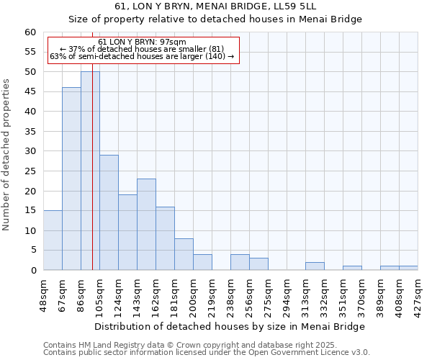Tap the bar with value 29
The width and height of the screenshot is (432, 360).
point(109,212)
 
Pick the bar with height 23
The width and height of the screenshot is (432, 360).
point(146,224)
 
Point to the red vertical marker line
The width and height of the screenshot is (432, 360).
point(93,180)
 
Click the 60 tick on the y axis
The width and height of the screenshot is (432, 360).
point(30,32)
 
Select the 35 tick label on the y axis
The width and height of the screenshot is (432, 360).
point(30,132)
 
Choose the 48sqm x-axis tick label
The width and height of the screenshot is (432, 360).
point(44,295)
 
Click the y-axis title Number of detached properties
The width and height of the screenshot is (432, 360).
point(7,155)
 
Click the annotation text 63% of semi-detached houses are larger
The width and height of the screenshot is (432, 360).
point(142,56)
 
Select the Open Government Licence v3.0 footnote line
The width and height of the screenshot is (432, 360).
point(207,353)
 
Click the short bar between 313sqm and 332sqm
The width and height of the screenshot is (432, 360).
point(315,266)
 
